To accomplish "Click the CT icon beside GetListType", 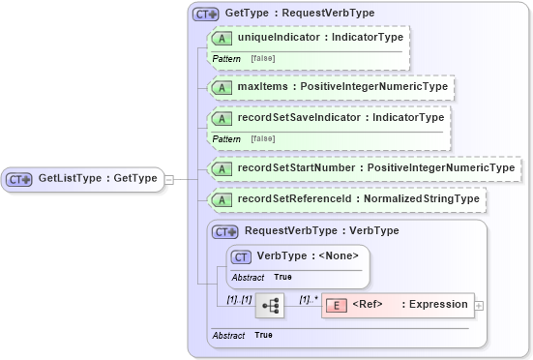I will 19,178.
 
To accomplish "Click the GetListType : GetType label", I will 97,178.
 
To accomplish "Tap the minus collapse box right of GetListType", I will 169,178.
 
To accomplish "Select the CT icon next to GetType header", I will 205,14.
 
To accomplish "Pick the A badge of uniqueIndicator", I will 221,38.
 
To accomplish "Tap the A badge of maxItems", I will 221,87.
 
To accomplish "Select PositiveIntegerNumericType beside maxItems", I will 374,87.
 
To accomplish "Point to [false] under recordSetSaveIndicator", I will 262,139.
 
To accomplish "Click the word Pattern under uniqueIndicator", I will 226,59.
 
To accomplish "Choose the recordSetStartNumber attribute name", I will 295,168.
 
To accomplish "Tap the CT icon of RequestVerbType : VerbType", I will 225,231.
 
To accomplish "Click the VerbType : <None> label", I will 307,255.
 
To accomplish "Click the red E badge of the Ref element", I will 336,305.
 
